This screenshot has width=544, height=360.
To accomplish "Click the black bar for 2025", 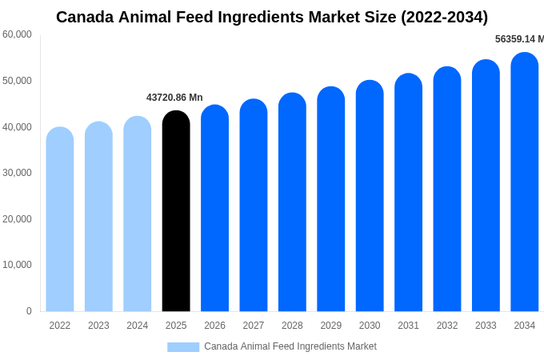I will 176,212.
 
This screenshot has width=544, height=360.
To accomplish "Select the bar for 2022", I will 60,220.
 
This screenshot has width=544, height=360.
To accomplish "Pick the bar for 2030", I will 370,196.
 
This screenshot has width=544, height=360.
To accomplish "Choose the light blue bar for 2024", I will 138,214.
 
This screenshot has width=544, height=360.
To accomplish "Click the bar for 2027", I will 254,206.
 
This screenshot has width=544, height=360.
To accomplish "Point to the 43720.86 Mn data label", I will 174,98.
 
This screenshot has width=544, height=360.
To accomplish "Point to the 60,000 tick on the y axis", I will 17,34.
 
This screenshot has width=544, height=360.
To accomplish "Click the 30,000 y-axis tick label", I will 17,173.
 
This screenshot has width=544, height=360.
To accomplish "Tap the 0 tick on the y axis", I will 29,311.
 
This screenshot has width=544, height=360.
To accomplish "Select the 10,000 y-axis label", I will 17,265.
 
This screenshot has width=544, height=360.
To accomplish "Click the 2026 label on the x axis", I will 214,326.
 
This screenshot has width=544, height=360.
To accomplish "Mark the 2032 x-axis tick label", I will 447,326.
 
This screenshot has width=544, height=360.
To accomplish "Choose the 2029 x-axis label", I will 331,326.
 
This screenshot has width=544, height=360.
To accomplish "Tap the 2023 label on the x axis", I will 98,326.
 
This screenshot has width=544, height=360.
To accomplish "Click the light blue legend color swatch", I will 183,346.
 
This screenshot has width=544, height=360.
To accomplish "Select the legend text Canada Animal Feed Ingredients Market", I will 290,346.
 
